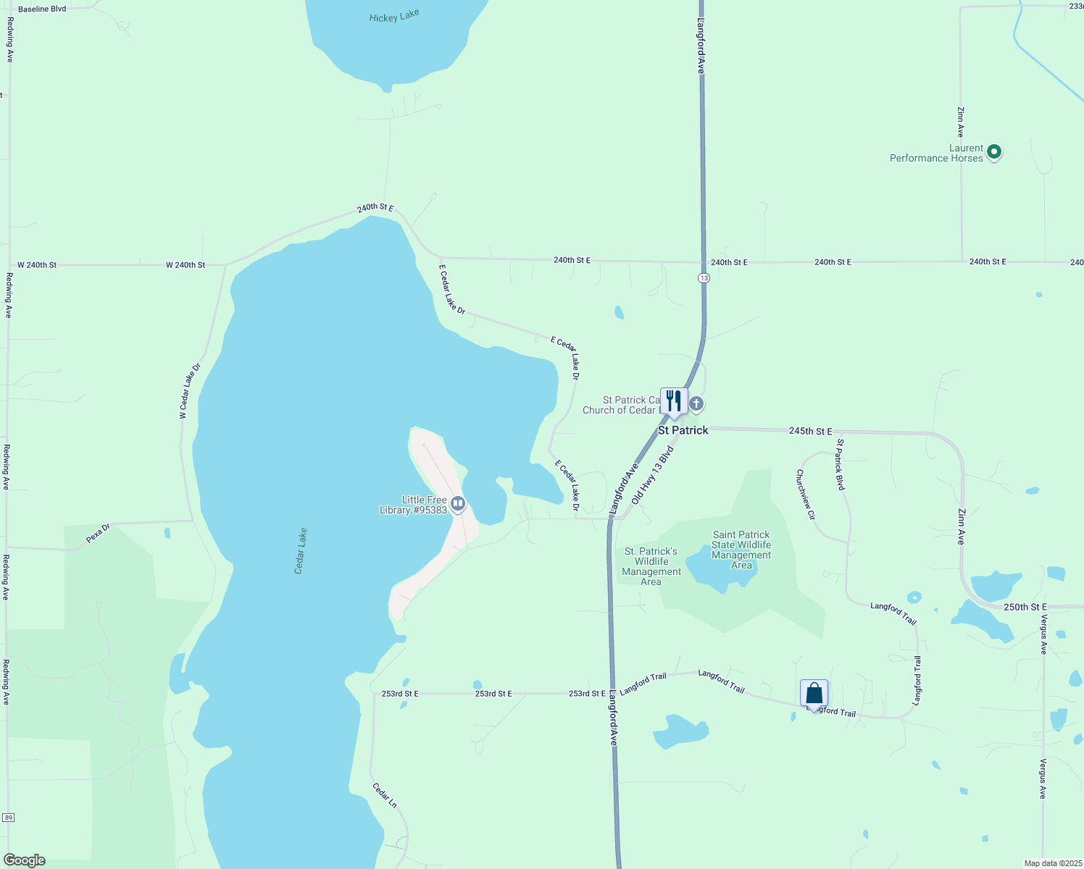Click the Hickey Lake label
(x=394, y=16)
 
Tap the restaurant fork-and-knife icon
(x=674, y=401)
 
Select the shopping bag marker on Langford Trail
(x=814, y=693)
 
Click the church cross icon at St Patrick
(x=696, y=403)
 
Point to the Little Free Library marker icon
(x=457, y=503)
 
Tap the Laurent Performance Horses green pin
(x=994, y=152)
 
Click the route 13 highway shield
(x=704, y=278)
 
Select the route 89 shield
(x=8, y=818)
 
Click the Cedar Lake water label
(x=301, y=551)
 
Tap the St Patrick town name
(x=683, y=430)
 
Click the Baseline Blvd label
(x=42, y=9)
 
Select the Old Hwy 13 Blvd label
(x=653, y=476)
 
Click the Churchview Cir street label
(x=806, y=495)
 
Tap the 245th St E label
(x=810, y=431)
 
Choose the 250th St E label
(x=1025, y=607)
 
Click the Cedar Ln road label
(x=385, y=795)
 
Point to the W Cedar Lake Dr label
(x=190, y=391)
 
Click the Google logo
(x=25, y=860)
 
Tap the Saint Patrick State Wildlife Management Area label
(x=741, y=550)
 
